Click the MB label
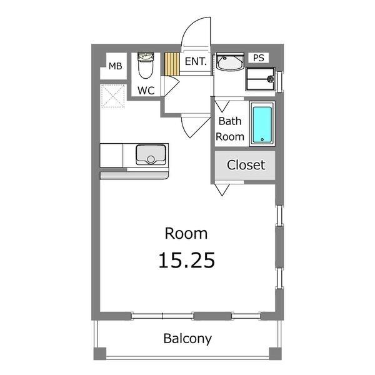[115, 66]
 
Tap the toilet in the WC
[146, 66]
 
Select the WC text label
[146, 91]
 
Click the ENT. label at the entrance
[196, 61]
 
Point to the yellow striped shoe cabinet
[172, 64]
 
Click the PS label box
[259, 58]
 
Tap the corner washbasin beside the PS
[230, 62]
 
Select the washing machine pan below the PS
[260, 79]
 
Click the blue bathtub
[262, 124]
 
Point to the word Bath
[230, 121]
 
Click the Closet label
[246, 165]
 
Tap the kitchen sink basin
[151, 155]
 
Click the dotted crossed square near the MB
[112, 96]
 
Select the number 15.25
[186, 260]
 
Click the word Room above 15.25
[186, 233]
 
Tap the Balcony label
[187, 339]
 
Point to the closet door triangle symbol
[222, 189]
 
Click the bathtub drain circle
[262, 139]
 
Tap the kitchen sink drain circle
[151, 159]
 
